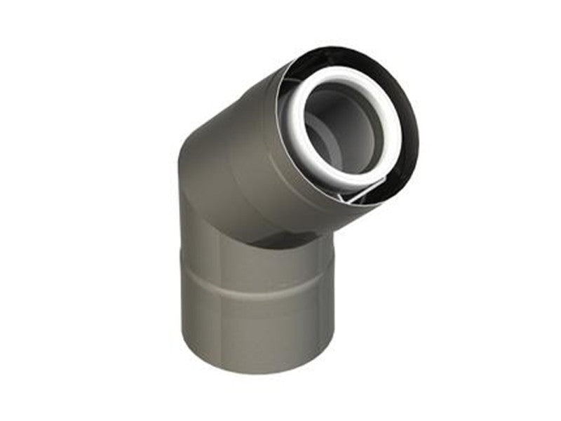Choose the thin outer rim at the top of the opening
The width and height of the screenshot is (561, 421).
point(351,50)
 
